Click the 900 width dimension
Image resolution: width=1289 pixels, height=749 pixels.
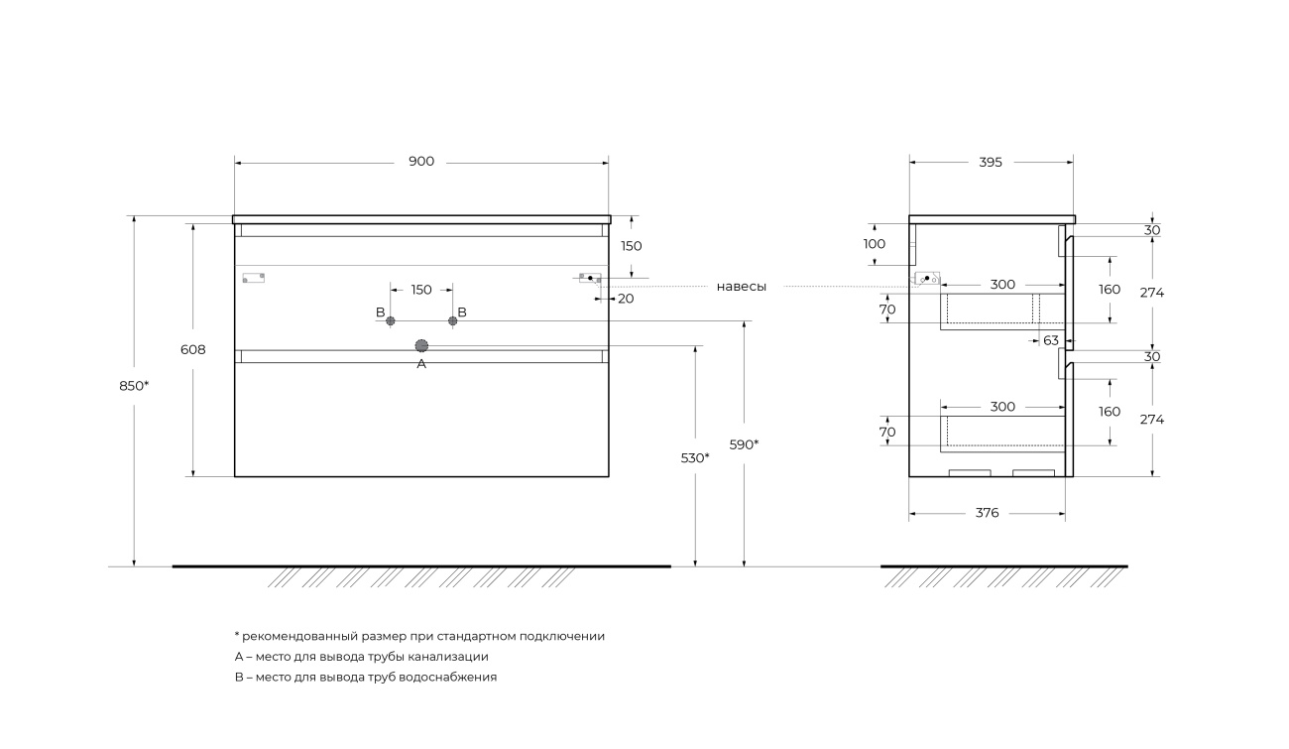pyautogui.click(x=421, y=162)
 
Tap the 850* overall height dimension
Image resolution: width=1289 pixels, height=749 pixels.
pyautogui.click(x=134, y=386)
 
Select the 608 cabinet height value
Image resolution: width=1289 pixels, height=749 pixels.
pyautogui.click(x=192, y=349)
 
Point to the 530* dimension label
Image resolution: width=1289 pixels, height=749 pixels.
pyautogui.click(x=695, y=458)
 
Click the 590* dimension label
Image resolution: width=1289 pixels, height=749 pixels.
pyautogui.click(x=744, y=445)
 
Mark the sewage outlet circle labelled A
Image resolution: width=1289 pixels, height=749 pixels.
pyautogui.click(x=421, y=345)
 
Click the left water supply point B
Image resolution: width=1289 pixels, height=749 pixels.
pyautogui.click(x=390, y=320)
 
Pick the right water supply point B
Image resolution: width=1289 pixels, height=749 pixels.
pyautogui.click(x=453, y=320)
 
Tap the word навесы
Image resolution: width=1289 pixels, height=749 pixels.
pyautogui.click(x=742, y=287)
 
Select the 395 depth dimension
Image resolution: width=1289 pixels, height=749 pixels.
pyautogui.click(x=991, y=163)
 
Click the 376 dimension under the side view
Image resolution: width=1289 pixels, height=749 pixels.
pyautogui.click(x=987, y=513)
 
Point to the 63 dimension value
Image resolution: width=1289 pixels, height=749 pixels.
pyautogui.click(x=1051, y=341)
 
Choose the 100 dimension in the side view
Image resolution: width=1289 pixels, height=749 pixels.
pyautogui.click(x=875, y=244)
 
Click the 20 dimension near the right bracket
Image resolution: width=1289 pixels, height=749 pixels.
pyautogui.click(x=626, y=299)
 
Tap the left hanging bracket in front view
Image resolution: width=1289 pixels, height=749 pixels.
pyautogui.click(x=253, y=278)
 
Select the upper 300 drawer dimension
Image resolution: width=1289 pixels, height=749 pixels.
pyautogui.click(x=1002, y=285)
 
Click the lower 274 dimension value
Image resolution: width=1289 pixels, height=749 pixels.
pyautogui.click(x=1152, y=420)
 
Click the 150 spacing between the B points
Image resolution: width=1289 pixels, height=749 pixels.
pyautogui.click(x=421, y=290)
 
